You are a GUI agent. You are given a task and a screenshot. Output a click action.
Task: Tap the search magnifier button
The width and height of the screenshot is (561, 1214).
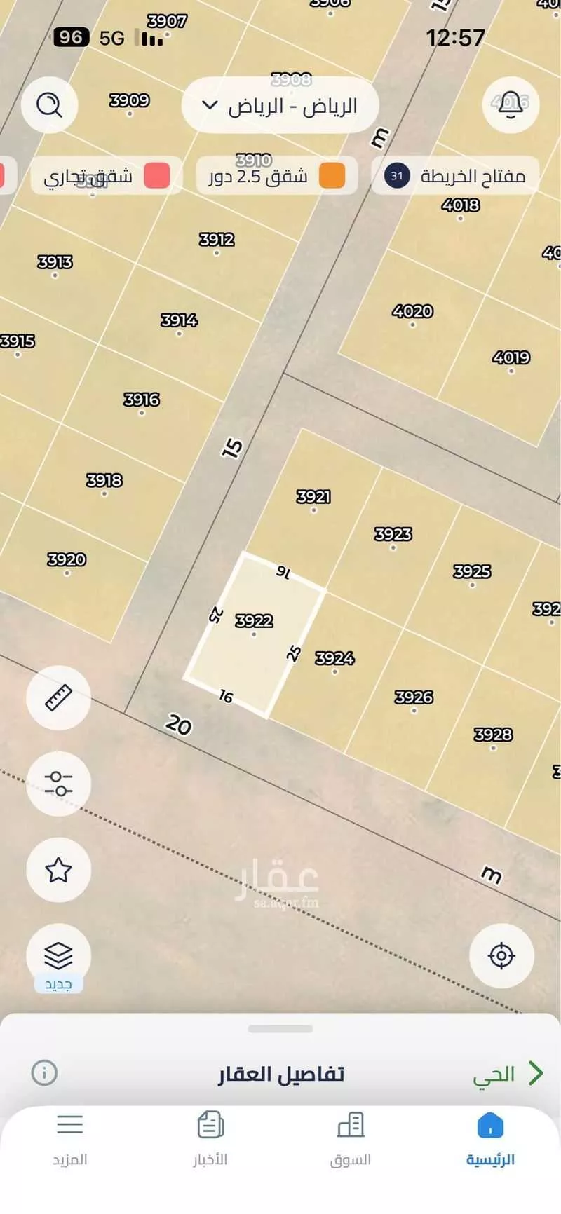pos(48,105)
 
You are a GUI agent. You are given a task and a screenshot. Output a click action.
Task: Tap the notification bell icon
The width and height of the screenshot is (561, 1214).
pos(510,105)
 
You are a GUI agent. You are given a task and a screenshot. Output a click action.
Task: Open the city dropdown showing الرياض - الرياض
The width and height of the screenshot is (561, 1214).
pos(280,106)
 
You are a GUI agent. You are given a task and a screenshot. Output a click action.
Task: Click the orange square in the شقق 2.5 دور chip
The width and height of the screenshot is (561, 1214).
pos(332,175)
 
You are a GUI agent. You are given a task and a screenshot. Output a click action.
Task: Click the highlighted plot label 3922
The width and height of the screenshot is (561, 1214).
pos(254,621)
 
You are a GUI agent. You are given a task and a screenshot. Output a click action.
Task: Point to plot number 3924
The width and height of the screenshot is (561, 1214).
pos(334,658)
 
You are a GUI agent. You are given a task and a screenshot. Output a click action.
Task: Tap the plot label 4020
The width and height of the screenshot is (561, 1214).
pos(412,311)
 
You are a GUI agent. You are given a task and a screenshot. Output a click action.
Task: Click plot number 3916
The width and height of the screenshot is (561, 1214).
pos(142,400)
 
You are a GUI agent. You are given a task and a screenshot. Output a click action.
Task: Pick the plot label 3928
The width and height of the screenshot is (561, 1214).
pos(493,735)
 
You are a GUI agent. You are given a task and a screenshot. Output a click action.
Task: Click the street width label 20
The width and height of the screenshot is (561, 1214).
pos(179,724)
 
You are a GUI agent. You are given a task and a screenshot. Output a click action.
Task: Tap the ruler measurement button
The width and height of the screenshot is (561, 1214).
pos(58,698)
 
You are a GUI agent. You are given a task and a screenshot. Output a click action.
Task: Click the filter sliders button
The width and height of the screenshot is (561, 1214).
pos(58,784)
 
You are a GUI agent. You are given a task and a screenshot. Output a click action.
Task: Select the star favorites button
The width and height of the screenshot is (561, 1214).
pos(58,870)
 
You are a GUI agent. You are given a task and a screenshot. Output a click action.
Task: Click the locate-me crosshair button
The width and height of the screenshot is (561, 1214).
pos(501,955)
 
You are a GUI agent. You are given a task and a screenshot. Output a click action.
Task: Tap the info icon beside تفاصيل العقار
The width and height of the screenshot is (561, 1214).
pos(44,1072)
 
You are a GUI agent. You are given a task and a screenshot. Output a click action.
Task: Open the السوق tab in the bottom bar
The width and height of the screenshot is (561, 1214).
pos(350,1140)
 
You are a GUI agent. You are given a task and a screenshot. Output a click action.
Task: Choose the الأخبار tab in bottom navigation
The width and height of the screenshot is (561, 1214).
pos(210,1140)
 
